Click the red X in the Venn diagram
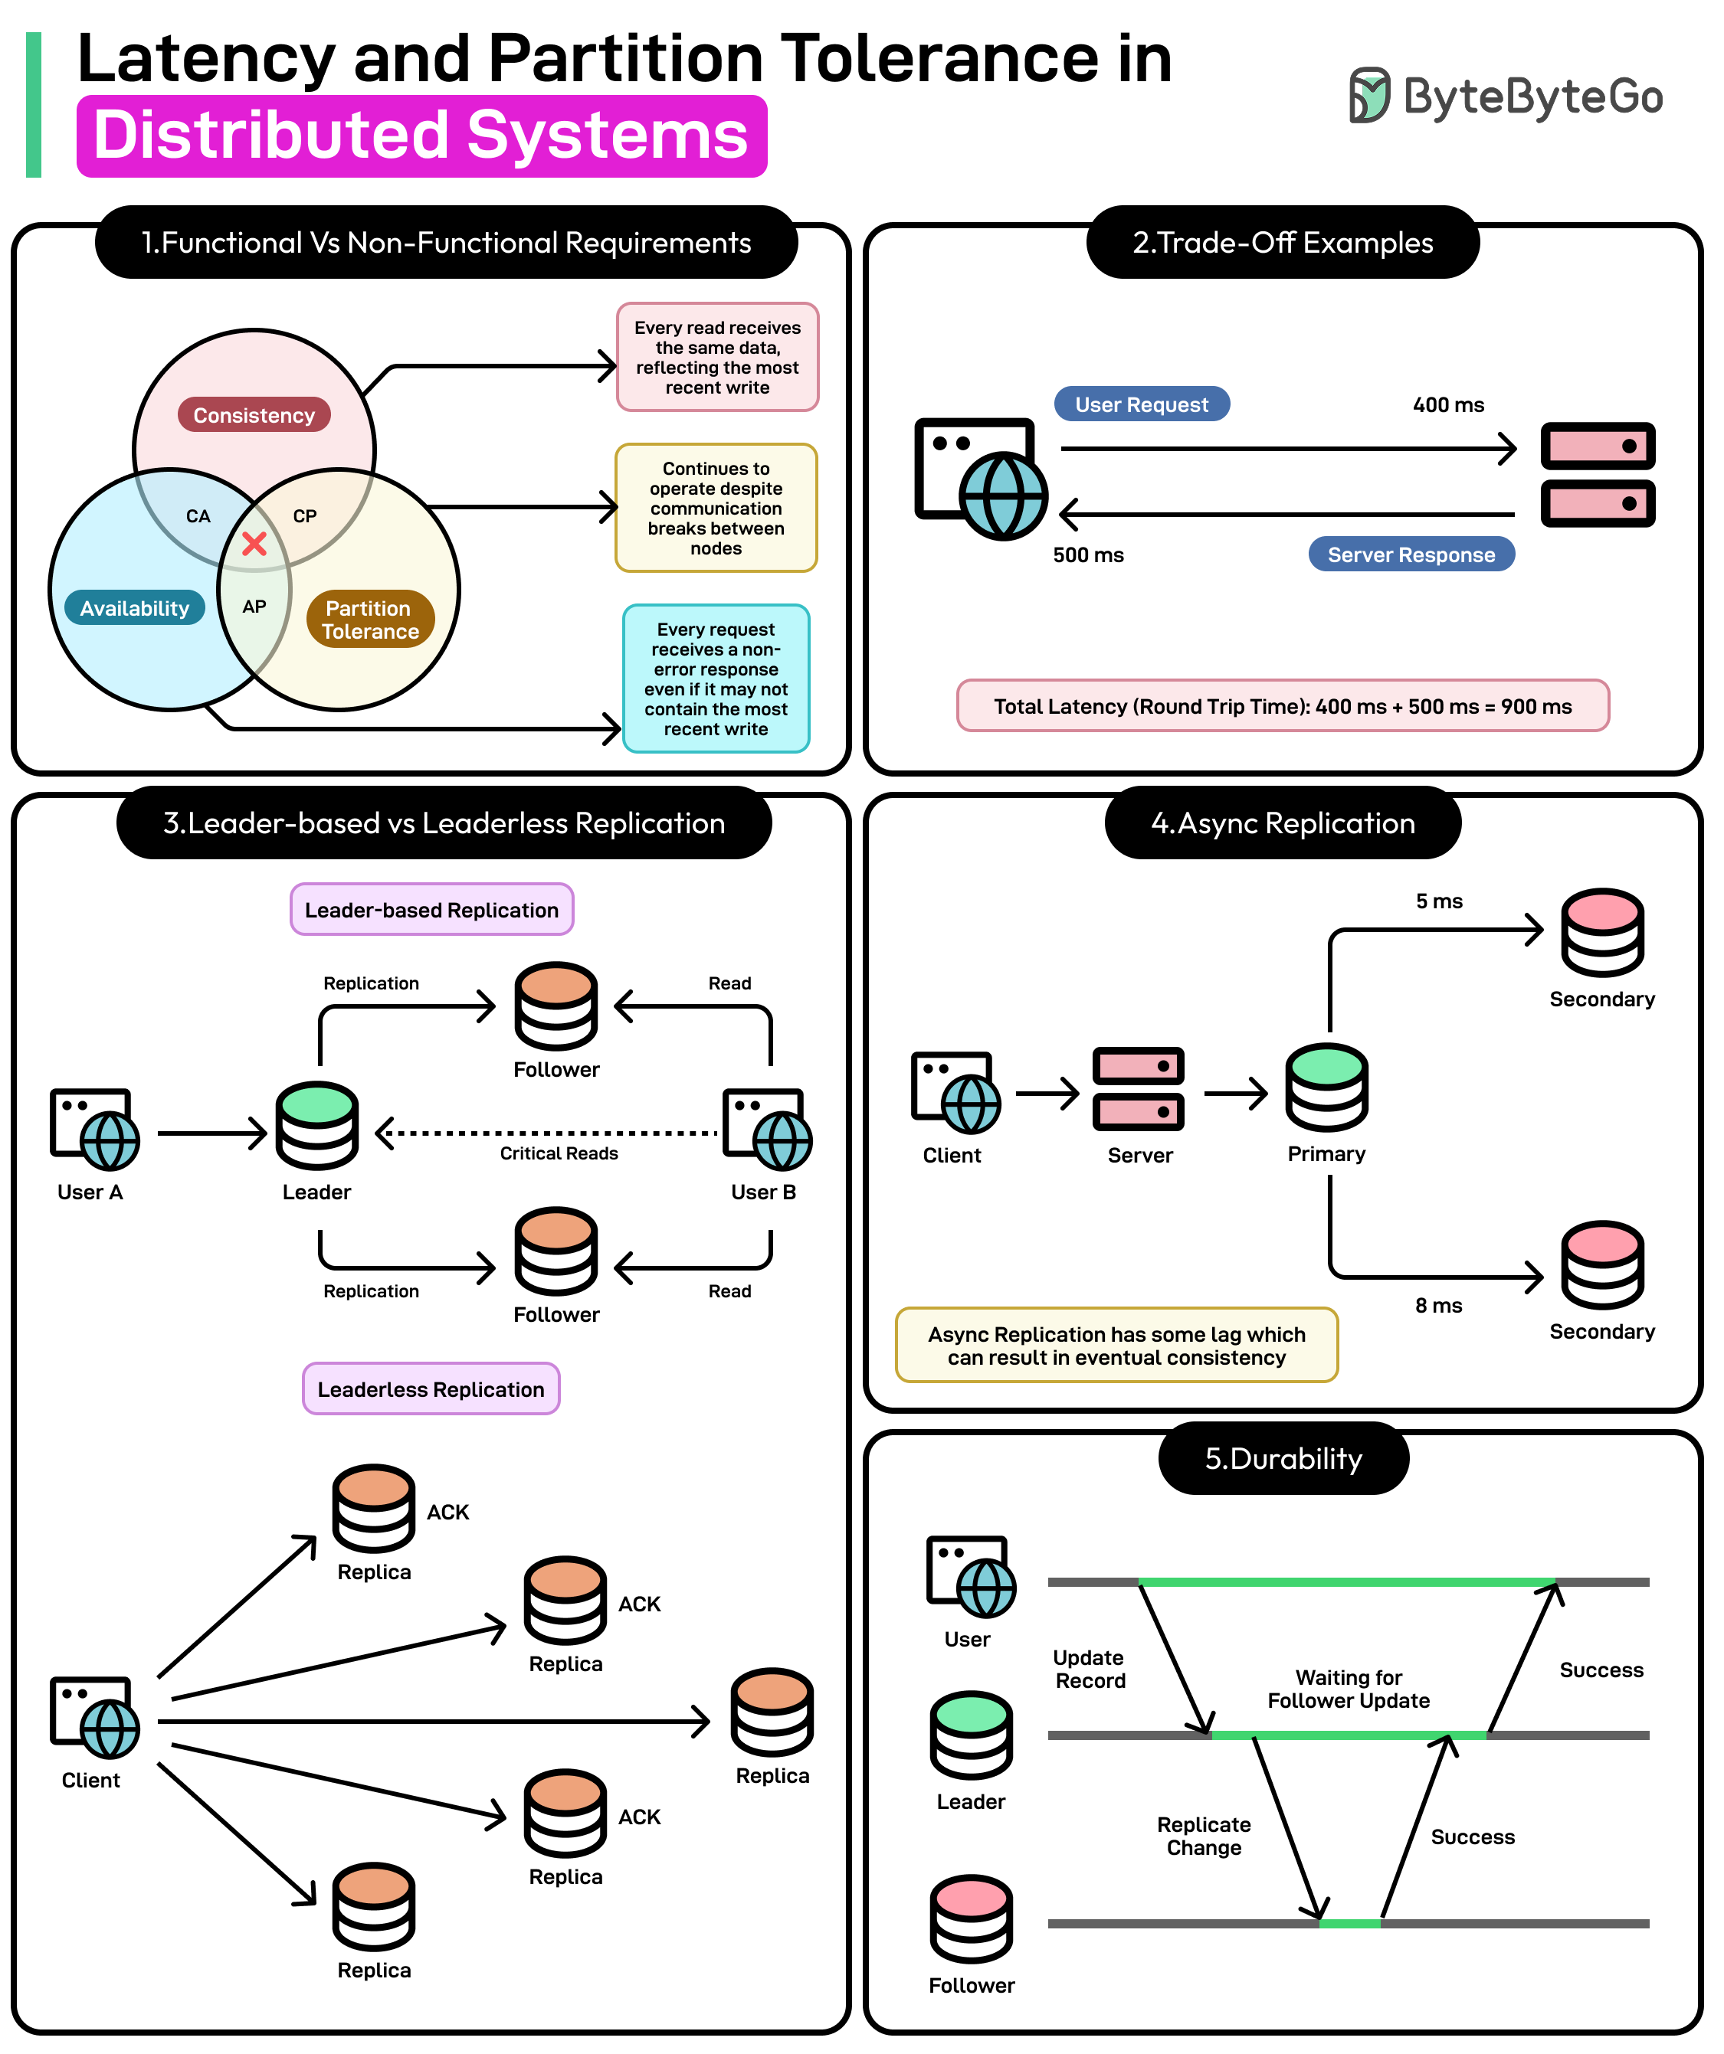click(254, 545)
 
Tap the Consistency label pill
click(254, 415)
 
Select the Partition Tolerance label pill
click(370, 619)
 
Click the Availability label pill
click(134, 607)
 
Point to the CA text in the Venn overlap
click(198, 515)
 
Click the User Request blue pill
click(1141, 404)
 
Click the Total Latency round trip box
click(1282, 706)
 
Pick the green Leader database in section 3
click(317, 1126)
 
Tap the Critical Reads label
click(559, 1153)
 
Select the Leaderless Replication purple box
click(431, 1389)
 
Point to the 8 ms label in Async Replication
click(1437, 1306)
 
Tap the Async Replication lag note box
click(1116, 1346)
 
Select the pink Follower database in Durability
click(971, 1919)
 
